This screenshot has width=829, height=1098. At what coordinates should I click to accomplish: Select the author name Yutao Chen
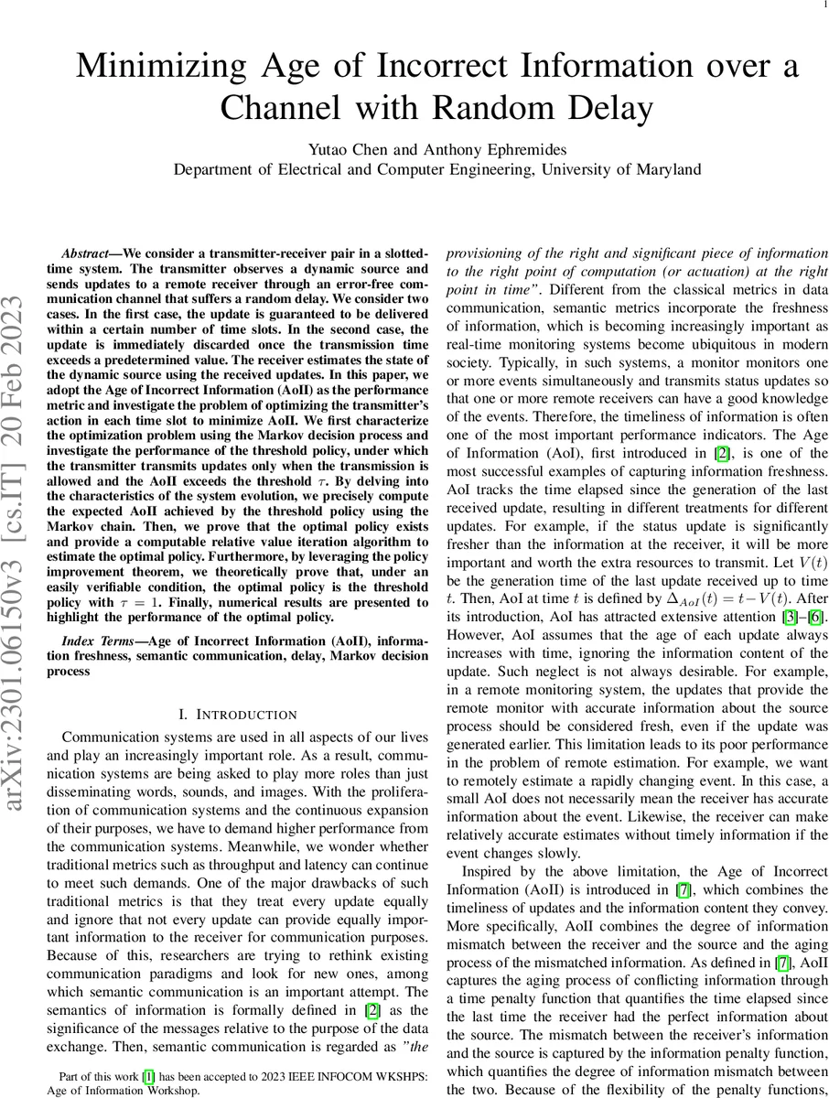[352, 149]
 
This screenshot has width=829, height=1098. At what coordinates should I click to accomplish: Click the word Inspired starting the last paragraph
[493, 871]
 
